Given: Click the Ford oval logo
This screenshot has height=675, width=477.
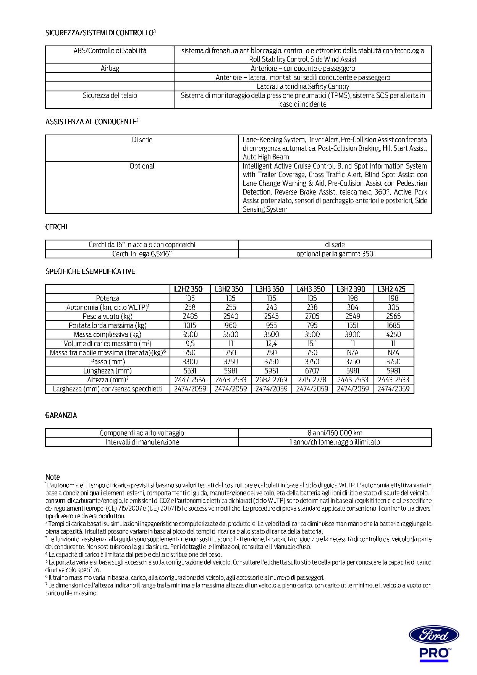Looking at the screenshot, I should pos(434,635).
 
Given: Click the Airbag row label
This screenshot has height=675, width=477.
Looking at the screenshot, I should pos(110,68).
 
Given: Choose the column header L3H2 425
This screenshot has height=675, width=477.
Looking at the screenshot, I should pos(393,289).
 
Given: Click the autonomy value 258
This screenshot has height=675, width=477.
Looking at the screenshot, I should pos(190,307).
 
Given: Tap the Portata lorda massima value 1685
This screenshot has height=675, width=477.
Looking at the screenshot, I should pos(393,326).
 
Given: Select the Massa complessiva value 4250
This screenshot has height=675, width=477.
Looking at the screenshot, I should pos(393,334).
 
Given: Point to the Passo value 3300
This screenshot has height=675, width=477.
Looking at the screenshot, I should pos(190,362).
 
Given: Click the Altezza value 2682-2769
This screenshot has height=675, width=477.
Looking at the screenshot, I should pos(272,380).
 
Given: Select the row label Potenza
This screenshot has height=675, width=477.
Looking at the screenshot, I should pos(108,299).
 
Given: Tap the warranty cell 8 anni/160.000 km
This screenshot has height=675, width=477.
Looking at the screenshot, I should pos(335,433).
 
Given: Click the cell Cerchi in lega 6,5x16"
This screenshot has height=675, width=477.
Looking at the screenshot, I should pos(142,254).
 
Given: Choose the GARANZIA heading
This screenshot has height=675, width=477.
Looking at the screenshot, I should pos(61,415).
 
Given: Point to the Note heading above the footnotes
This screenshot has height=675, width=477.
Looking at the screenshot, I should pos(53,477).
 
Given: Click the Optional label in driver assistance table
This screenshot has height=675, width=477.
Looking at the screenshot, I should pos(142,166).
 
